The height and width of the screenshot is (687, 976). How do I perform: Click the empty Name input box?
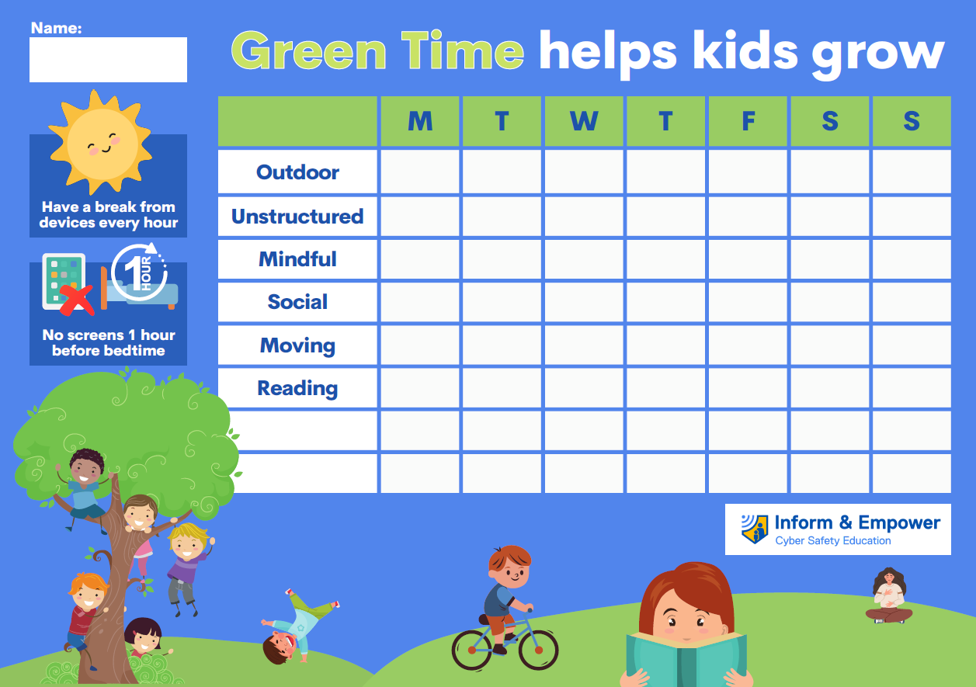pyautogui.click(x=108, y=59)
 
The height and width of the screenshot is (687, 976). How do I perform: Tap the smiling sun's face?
pyautogui.click(x=102, y=144)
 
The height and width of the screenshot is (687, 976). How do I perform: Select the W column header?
pyautogui.click(x=583, y=121)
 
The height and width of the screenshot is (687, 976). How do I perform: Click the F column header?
pyautogui.click(x=748, y=121)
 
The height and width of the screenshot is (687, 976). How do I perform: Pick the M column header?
pyautogui.click(x=420, y=121)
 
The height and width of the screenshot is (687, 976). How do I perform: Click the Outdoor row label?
pyautogui.click(x=297, y=172)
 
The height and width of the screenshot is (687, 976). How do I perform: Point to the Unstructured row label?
pyautogui.click(x=297, y=216)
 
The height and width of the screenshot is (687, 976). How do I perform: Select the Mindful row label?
pyautogui.click(x=297, y=259)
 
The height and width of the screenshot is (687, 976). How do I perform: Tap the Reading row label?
pyautogui.click(x=297, y=388)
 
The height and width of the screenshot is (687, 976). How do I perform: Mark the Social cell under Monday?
pyautogui.click(x=420, y=302)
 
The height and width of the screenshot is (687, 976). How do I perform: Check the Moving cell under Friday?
pyautogui.click(x=748, y=345)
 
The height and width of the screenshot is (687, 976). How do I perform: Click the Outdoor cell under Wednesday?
pyautogui.click(x=583, y=172)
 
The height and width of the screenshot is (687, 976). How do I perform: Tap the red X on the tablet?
pyautogui.click(x=77, y=300)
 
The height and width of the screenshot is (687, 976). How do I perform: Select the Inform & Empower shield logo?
pyautogui.click(x=755, y=529)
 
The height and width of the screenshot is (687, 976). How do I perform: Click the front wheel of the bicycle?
pyautogui.click(x=538, y=650)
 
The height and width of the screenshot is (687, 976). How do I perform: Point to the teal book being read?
pyautogui.click(x=686, y=660)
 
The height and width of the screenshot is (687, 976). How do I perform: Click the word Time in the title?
pyautogui.click(x=462, y=51)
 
